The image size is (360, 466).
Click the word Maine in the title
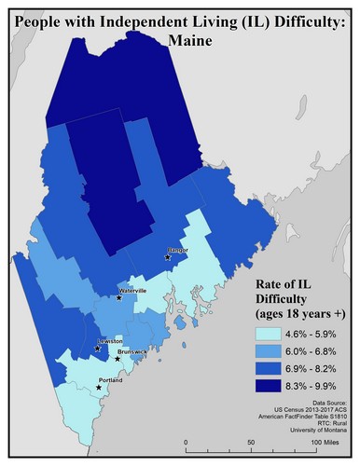coord(179,40)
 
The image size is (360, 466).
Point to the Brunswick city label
coord(131,351)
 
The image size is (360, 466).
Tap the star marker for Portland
coord(99,387)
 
